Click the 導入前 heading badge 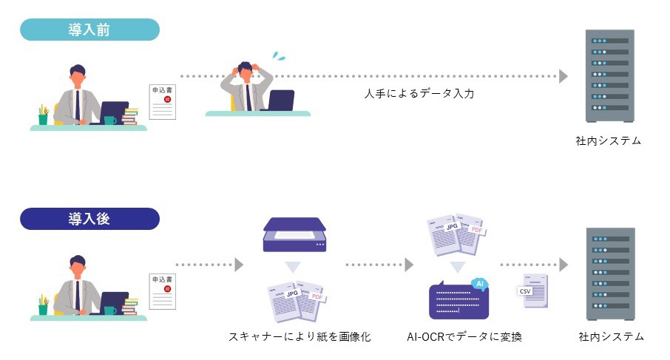89,30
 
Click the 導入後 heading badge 89,219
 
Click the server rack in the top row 609,75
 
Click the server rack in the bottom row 609,274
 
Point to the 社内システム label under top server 609,140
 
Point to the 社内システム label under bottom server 609,337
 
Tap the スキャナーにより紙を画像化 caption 300,337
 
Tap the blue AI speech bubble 479,283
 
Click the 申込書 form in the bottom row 163,291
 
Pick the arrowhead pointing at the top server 564,76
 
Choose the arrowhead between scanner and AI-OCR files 409,265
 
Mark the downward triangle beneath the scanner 294,267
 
